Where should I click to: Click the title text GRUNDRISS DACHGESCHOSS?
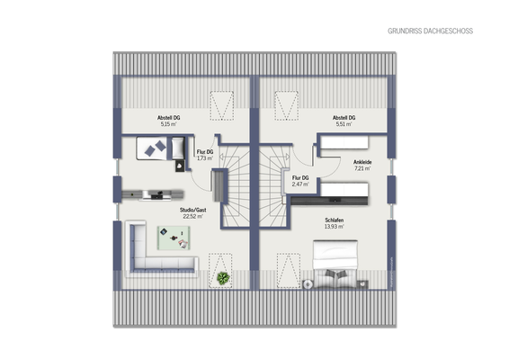(x=430, y=31)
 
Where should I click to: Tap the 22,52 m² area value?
(x=192, y=217)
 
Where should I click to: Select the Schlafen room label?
(x=335, y=220)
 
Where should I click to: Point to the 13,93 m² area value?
(x=335, y=227)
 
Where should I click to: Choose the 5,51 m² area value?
(x=344, y=124)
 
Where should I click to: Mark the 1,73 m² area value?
(x=204, y=158)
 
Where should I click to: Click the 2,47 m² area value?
(x=300, y=184)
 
